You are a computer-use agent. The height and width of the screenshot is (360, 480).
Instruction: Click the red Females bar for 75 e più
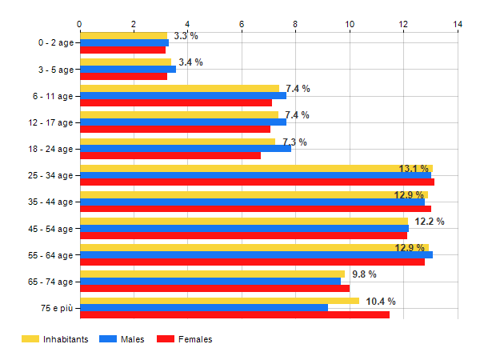(x=234, y=314)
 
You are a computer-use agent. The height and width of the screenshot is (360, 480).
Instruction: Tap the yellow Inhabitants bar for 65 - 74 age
(x=212, y=274)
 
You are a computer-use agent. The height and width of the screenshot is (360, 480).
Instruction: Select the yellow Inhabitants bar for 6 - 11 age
(x=179, y=89)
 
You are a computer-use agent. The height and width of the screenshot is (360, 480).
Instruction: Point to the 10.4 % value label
(x=381, y=302)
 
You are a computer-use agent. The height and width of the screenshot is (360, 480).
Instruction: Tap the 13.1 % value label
(x=414, y=169)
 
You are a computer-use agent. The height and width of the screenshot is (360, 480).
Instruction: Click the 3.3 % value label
(x=186, y=36)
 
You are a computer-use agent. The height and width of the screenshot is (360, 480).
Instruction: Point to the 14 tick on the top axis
(x=458, y=24)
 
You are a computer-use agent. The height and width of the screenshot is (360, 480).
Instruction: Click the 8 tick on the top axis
(x=296, y=24)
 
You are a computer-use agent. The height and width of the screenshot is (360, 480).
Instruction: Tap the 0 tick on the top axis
(x=80, y=24)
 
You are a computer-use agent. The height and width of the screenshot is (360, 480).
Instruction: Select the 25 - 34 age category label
(x=49, y=175)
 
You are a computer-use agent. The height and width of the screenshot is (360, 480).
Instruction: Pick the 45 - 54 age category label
(x=49, y=228)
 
